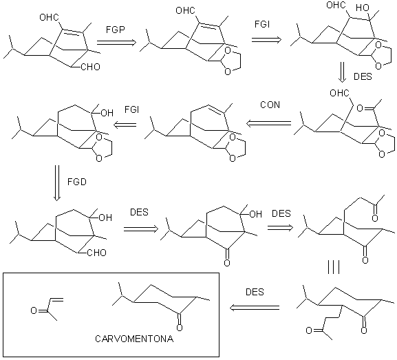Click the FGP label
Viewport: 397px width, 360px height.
[x=116, y=30]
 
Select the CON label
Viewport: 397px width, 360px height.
[x=270, y=105]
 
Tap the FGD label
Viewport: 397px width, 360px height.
[x=77, y=182]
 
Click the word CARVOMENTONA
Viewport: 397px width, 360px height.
[x=134, y=339]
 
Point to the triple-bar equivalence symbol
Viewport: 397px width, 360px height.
[x=334, y=268]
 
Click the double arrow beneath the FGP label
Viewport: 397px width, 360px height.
[x=117, y=42]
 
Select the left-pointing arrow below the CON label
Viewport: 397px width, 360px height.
[x=268, y=123]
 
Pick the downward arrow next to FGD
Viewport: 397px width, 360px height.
[x=57, y=183]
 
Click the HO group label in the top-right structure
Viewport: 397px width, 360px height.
[x=363, y=8]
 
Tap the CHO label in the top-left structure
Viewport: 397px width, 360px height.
[x=90, y=67]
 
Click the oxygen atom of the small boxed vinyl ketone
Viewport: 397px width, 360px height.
[x=34, y=310]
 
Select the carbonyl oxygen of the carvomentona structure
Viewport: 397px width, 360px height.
[x=180, y=328]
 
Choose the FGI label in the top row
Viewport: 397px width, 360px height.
[x=262, y=24]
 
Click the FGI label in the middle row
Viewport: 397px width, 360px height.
[x=132, y=109]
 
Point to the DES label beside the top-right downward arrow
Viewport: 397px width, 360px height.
[x=363, y=76]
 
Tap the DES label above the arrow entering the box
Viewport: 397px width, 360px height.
[x=255, y=292]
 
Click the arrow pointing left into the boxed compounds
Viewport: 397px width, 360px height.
[x=255, y=308]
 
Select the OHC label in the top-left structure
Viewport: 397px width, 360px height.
[x=49, y=17]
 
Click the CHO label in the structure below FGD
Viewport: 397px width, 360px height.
[x=96, y=253]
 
